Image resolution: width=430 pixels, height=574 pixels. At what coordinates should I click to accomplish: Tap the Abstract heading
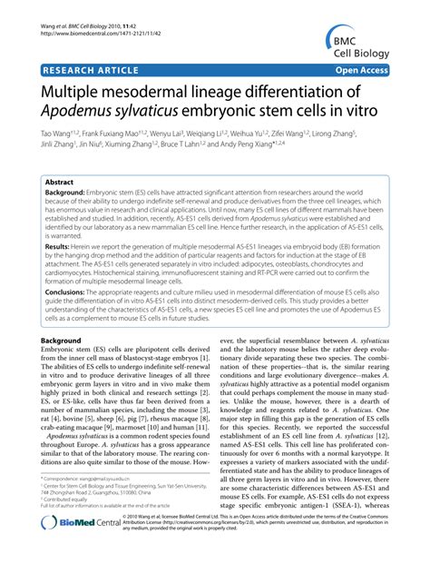coord(61,182)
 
